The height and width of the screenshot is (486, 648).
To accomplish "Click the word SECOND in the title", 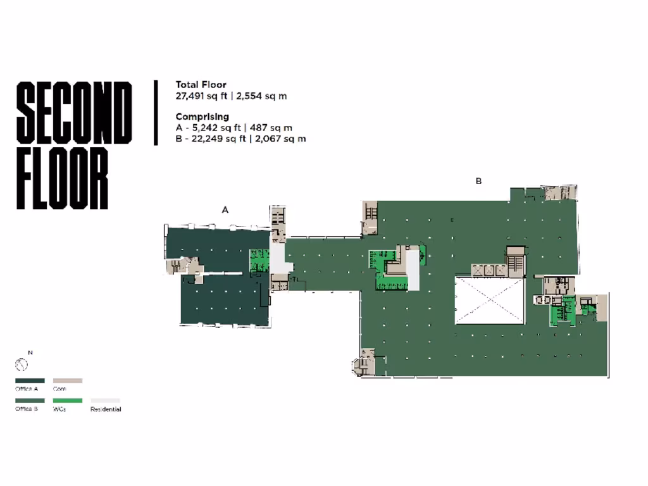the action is coord(73,113).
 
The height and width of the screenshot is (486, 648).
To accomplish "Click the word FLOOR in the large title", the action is coord(62,179).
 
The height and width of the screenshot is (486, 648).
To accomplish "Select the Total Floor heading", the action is coord(201,85).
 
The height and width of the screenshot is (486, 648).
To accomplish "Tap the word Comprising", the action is coord(202,116).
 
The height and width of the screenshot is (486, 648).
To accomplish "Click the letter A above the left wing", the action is coord(225,210).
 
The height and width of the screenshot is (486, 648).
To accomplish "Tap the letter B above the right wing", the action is coord(479,181).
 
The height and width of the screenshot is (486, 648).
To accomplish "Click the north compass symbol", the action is coord(22,365).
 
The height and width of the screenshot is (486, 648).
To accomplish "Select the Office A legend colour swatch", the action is coord(30,381).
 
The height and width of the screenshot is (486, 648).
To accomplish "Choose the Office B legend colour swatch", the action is coord(30,401).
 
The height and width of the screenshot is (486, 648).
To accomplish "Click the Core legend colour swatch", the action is coord(67,381).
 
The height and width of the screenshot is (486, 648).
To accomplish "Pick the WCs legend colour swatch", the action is coord(67,401).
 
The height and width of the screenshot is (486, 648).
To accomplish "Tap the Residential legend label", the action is coord(106,409).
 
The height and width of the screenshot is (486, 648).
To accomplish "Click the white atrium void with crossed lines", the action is coord(489,300).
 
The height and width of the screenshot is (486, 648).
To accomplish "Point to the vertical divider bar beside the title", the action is coord(156,113).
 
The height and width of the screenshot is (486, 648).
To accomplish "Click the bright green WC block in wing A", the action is coord(258,261).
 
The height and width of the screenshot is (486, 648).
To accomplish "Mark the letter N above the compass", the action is coord(30,352).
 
